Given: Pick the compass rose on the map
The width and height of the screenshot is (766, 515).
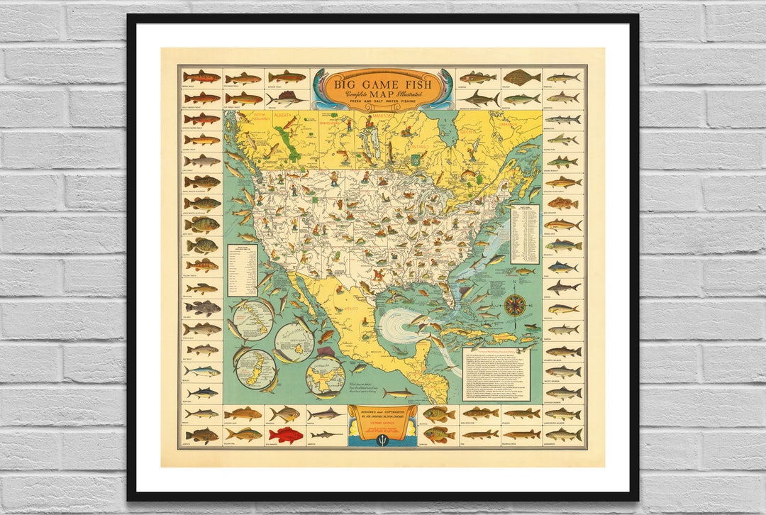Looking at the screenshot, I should tap(515, 305).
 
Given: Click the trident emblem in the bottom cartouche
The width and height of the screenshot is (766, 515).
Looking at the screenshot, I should tap(382, 438).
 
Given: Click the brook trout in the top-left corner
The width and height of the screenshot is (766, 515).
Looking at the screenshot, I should tap(201, 77).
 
